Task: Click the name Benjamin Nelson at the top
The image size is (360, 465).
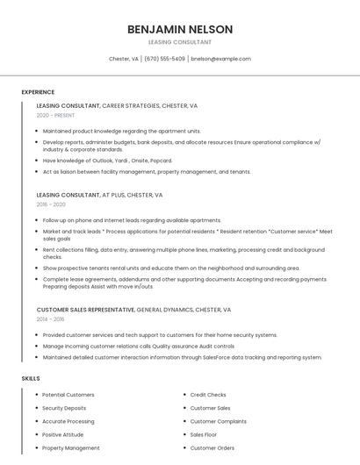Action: (180, 29)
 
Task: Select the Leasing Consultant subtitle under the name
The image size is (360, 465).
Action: (180, 42)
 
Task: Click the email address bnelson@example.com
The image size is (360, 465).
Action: (221, 59)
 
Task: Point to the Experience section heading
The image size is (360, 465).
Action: (38, 92)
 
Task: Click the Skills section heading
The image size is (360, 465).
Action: (31, 378)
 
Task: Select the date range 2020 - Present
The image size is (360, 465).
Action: (55, 115)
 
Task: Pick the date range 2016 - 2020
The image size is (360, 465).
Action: (51, 204)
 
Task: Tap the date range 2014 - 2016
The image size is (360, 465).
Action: (51, 319)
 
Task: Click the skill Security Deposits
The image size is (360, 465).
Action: (64, 408)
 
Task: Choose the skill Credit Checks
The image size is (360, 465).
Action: (208, 395)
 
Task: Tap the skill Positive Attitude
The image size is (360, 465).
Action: (63, 434)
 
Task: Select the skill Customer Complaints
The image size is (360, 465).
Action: (219, 421)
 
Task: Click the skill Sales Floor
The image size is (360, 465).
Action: (204, 434)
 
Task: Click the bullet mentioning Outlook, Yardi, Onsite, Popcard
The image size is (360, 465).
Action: (107, 161)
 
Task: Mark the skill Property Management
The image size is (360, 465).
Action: (71, 447)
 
